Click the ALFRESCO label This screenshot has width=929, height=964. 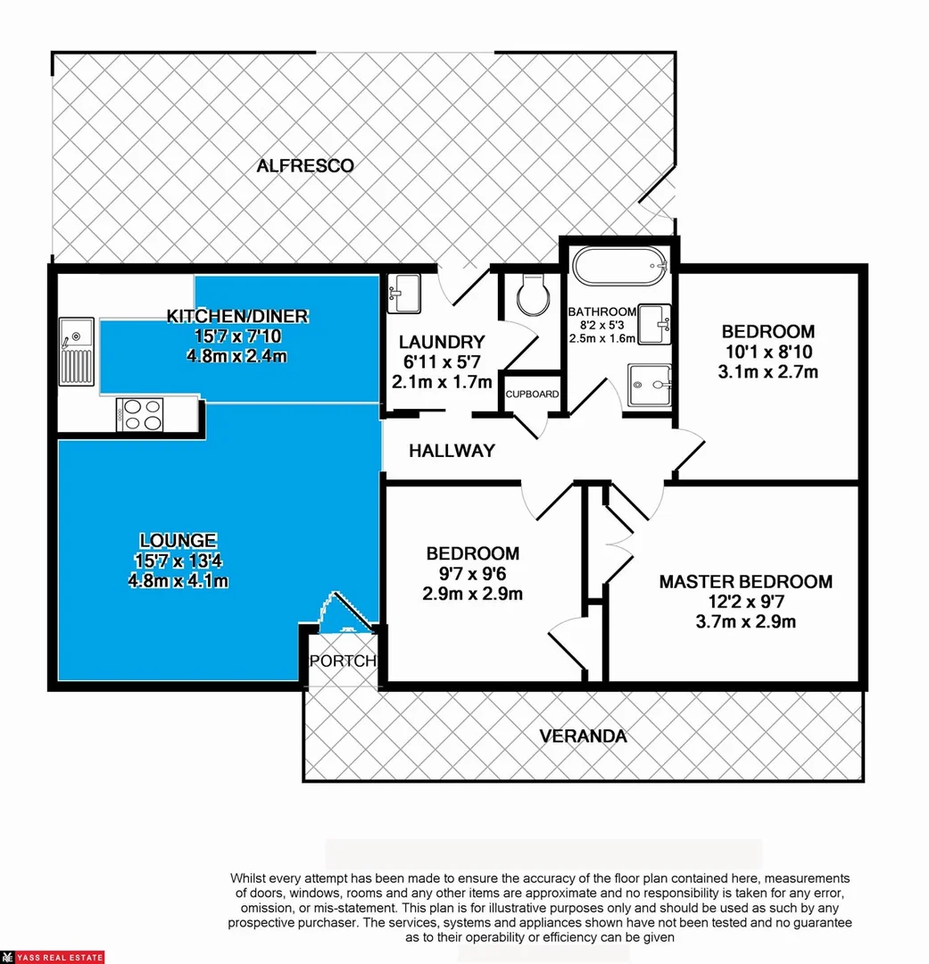pyautogui.click(x=305, y=165)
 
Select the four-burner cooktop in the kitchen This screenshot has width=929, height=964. pyautogui.click(x=142, y=415)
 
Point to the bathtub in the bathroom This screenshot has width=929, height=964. pyautogui.click(x=618, y=266)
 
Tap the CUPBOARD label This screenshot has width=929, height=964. pyautogui.click(x=533, y=394)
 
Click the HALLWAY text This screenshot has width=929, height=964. pyautogui.click(x=452, y=451)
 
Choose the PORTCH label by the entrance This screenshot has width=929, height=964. pyautogui.click(x=343, y=661)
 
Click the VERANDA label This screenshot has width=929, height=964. pyautogui.click(x=583, y=736)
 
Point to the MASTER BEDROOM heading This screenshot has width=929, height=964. pyautogui.click(x=745, y=582)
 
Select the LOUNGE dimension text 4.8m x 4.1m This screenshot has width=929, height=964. pyautogui.click(x=178, y=581)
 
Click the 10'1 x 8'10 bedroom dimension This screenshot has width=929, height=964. pyautogui.click(x=767, y=351)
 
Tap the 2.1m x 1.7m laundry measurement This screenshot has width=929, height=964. pyautogui.click(x=442, y=382)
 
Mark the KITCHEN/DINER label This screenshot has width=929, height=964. pyautogui.click(x=237, y=315)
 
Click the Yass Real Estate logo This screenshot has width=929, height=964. pyautogui.click(x=53, y=957)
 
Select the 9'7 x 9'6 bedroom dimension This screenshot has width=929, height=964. pyautogui.click(x=472, y=574)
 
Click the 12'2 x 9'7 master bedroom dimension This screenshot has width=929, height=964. pyautogui.click(x=745, y=602)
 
